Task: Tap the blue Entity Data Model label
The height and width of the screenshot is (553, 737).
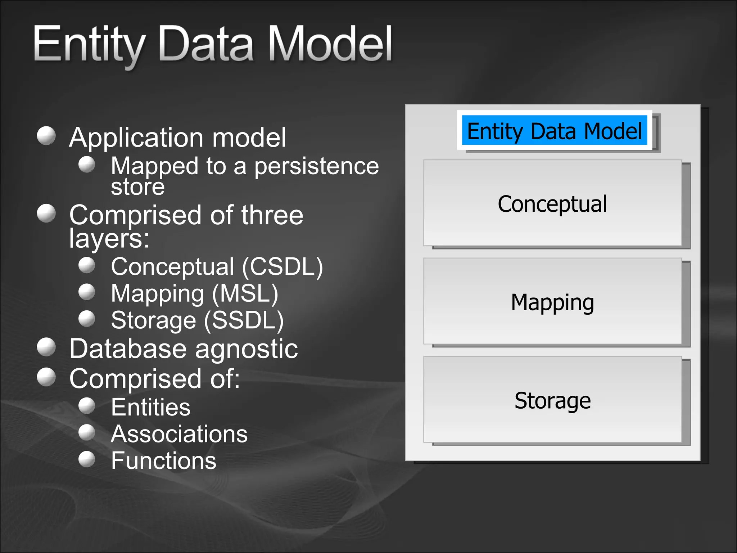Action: [x=554, y=131]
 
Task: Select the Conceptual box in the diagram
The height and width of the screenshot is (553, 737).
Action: [x=552, y=203]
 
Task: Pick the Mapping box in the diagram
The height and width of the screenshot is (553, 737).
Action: [x=552, y=302]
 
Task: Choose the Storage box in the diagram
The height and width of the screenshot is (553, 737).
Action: [x=552, y=400]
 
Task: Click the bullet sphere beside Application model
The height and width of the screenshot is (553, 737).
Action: [x=46, y=136]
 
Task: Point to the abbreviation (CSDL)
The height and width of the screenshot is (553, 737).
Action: [x=282, y=267]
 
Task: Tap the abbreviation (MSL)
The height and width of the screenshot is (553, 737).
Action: [x=245, y=293]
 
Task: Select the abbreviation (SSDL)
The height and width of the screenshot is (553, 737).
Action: [x=244, y=320]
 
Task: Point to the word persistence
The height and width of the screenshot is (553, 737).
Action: [x=316, y=166]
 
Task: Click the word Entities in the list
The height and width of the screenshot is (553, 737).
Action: [x=150, y=407]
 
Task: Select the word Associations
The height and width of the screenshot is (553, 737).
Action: [x=179, y=434]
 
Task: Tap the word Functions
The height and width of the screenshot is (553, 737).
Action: [x=163, y=460]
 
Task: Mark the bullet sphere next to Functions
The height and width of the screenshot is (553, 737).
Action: [x=87, y=459]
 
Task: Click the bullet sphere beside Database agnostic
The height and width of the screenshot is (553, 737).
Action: [x=46, y=347]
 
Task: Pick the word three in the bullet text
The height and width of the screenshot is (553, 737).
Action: [x=272, y=215]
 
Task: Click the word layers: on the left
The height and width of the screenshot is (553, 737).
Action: [x=109, y=238]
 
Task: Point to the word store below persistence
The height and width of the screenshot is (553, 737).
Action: [x=137, y=187]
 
